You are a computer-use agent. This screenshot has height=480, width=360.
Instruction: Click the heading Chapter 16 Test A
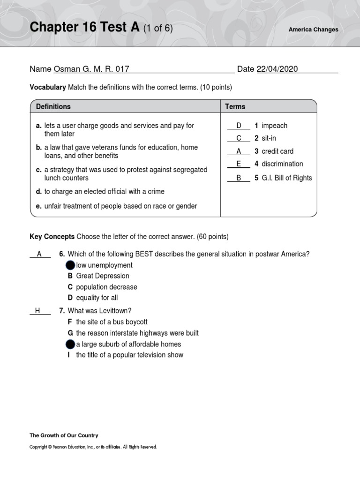tap(85, 28)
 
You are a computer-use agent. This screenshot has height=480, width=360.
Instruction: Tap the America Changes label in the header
tap(313, 30)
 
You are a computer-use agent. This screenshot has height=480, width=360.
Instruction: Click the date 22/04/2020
tap(277, 69)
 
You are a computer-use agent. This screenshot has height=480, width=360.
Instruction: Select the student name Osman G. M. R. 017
tap(91, 69)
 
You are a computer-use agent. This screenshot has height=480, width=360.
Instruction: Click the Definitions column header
tap(53, 106)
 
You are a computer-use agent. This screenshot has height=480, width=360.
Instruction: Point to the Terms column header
tap(235, 106)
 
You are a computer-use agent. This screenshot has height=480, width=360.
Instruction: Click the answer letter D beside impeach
tap(239, 126)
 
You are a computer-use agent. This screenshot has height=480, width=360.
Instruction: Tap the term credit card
tap(277, 151)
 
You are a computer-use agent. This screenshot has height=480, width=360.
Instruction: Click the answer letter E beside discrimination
tap(239, 164)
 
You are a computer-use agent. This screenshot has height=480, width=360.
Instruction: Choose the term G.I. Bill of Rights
tap(286, 178)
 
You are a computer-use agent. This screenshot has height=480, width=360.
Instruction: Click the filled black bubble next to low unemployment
tap(70, 265)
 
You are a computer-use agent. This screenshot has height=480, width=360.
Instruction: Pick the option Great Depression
tap(102, 276)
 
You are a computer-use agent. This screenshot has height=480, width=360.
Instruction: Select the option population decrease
tap(106, 287)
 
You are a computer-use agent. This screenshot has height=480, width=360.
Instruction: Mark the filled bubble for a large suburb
tap(70, 344)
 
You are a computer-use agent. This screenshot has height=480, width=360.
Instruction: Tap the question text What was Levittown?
tap(99, 311)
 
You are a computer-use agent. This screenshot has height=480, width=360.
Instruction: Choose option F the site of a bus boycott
tap(111, 322)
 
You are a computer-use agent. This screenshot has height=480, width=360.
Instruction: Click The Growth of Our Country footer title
tap(64, 435)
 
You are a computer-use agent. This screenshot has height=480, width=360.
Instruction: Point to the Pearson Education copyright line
tap(93, 447)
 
